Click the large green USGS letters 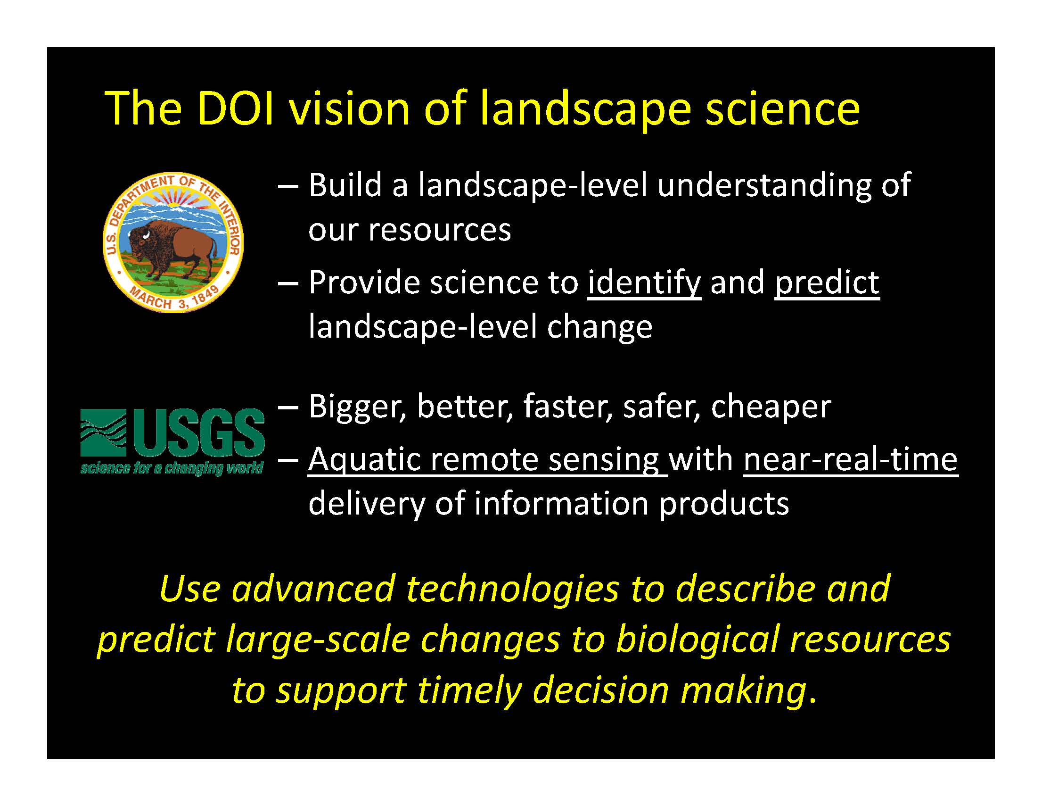click(x=199, y=432)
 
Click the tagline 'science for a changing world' click(x=172, y=468)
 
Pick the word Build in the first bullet click(x=345, y=185)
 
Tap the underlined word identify click(x=645, y=283)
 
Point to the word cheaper click(x=771, y=407)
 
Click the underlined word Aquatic click(x=364, y=460)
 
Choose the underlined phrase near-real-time click(x=851, y=459)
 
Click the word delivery click(x=366, y=504)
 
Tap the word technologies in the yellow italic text click(x=512, y=589)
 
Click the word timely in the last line click(x=469, y=691)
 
